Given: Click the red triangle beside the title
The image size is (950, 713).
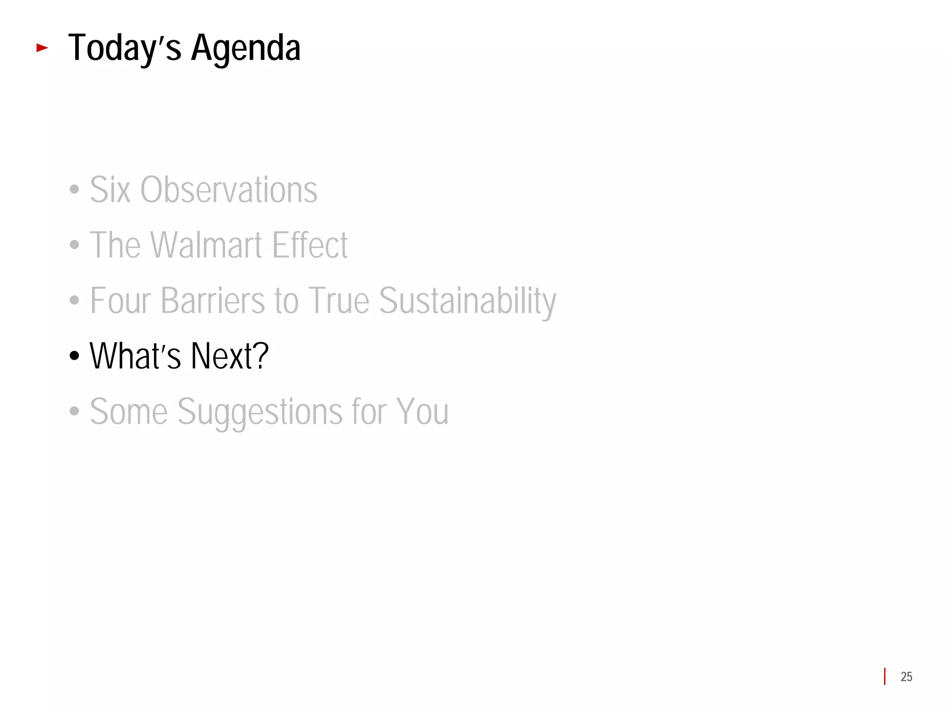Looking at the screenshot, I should pyautogui.click(x=42, y=47).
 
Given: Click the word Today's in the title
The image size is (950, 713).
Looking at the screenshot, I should pyautogui.click(x=124, y=48).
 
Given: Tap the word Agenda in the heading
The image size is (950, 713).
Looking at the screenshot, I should pyautogui.click(x=246, y=48).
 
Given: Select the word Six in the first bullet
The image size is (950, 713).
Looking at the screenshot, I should pyautogui.click(x=110, y=190).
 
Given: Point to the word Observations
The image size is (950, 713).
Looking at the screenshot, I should pyautogui.click(x=229, y=190).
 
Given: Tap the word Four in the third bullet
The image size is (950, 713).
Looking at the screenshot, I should pyautogui.click(x=120, y=301).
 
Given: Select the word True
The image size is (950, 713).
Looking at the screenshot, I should pyautogui.click(x=339, y=301).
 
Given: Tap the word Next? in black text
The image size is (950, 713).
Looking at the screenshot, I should pyautogui.click(x=230, y=356).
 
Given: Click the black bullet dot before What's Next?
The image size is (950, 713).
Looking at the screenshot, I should pyautogui.click(x=74, y=356).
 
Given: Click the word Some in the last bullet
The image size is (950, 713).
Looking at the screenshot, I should pyautogui.click(x=128, y=412).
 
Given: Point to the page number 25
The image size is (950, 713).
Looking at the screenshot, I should pyautogui.click(x=906, y=677).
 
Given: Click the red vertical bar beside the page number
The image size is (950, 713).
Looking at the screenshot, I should pyautogui.click(x=885, y=676).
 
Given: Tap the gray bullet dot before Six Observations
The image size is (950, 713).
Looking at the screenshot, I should pyautogui.click(x=74, y=190).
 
